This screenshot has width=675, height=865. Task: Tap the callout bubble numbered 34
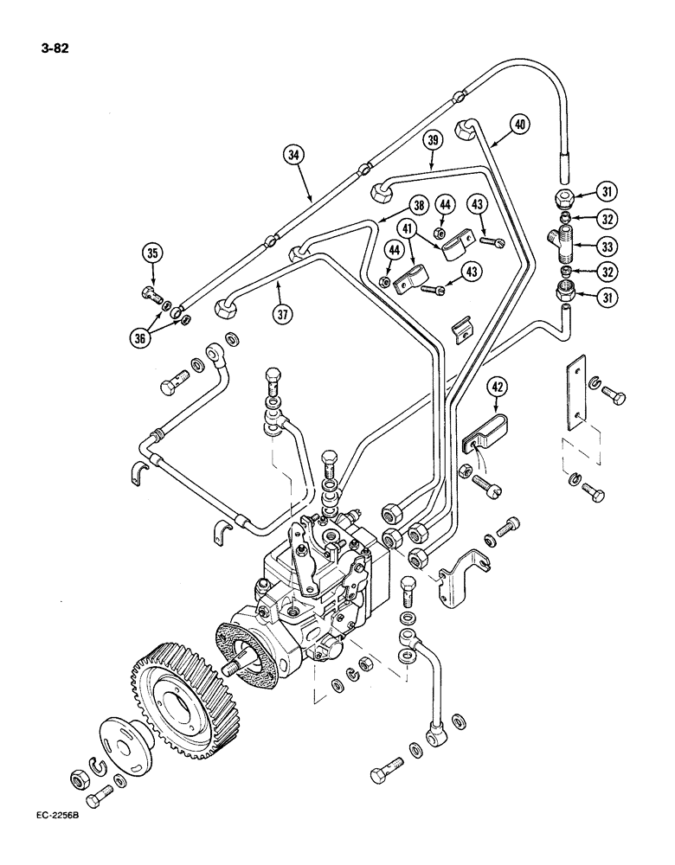pos(297,156)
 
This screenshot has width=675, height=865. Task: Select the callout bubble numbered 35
pos(153,254)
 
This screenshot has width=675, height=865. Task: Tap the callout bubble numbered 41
pos(405,228)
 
